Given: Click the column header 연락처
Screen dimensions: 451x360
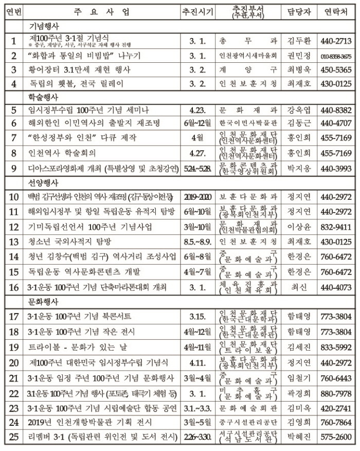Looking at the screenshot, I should pyautogui.click(x=335, y=12).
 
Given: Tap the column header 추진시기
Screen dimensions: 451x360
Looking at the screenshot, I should pyautogui.click(x=197, y=12).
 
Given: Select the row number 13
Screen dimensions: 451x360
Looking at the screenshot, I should pyautogui.click(x=14, y=241).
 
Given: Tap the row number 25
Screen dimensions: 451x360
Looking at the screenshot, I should pyautogui.click(x=14, y=438).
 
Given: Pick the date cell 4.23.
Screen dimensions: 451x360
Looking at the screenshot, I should pyautogui.click(x=197, y=110).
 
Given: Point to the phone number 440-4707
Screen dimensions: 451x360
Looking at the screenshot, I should pyautogui.click(x=335, y=124).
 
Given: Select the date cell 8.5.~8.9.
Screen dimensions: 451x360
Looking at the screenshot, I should pyautogui.click(x=197, y=241).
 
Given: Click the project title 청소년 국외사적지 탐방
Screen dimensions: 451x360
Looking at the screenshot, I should pyautogui.click(x=67, y=241).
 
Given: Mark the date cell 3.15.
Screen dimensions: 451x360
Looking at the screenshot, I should pyautogui.click(x=197, y=315).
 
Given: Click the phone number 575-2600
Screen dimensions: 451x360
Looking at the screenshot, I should pyautogui.click(x=335, y=438).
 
